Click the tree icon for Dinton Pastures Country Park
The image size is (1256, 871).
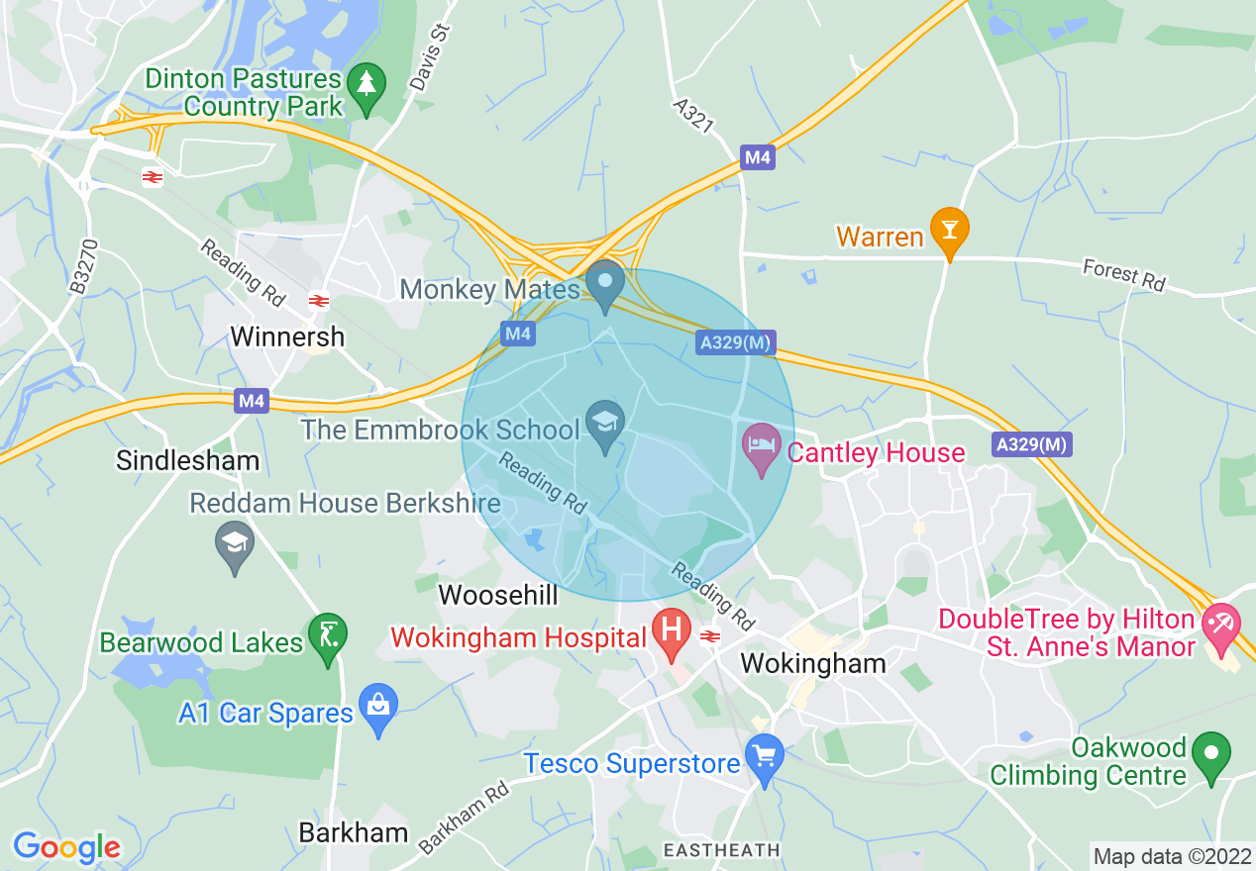click(x=367, y=83)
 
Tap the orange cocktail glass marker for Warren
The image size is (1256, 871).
click(x=949, y=228)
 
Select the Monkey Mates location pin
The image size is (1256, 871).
click(x=604, y=281)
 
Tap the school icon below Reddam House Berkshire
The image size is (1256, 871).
click(x=235, y=542)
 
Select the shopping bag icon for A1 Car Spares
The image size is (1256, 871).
click(x=377, y=706)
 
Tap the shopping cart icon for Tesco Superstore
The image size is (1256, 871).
click(x=764, y=757)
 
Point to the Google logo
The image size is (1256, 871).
click(x=66, y=847)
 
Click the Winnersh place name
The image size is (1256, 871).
click(x=287, y=337)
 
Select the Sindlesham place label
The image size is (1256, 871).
click(x=188, y=460)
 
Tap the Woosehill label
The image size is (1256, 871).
click(x=498, y=595)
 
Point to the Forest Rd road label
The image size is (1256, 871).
click(x=1123, y=274)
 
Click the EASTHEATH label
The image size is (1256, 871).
click(x=721, y=850)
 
